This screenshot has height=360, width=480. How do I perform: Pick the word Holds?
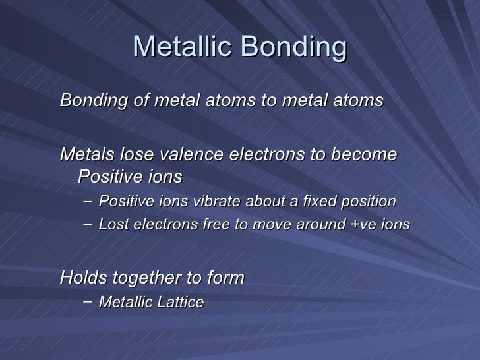[81, 278]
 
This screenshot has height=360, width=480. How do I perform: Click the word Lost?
[111, 224]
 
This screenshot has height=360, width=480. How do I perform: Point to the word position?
[369, 200]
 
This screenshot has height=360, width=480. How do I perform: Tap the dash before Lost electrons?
[88, 224]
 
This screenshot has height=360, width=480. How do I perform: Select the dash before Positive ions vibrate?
[88, 200]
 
